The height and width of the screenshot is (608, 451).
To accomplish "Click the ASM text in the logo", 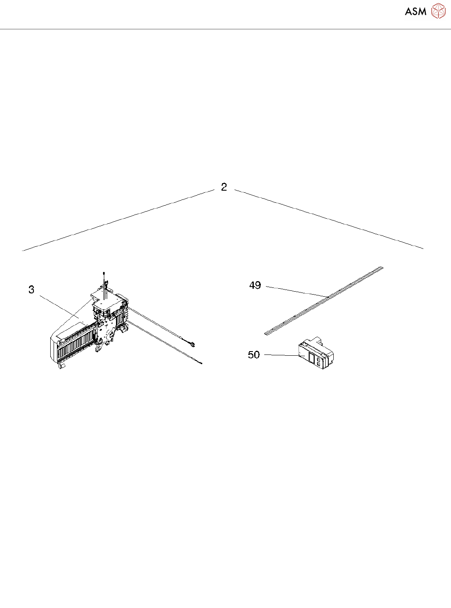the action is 416,11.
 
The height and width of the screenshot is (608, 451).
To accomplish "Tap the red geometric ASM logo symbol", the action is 438,11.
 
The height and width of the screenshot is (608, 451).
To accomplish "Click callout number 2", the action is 224,187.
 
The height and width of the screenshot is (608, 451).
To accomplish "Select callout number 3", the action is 31,290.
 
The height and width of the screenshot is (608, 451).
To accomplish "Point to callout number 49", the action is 255,285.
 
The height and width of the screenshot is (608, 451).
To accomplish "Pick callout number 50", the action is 254,355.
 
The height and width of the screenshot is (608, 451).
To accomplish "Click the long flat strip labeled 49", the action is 324,301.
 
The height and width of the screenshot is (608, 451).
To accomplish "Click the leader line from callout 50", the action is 281,355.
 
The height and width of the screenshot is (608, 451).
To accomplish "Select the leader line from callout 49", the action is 297,292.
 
